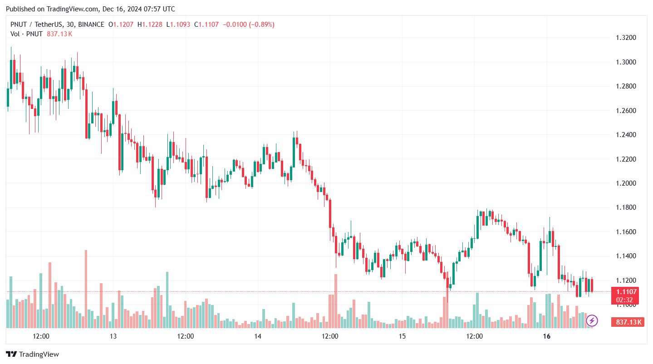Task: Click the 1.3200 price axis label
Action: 626,38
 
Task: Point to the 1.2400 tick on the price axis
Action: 626,135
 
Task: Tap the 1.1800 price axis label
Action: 626,208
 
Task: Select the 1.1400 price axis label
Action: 626,256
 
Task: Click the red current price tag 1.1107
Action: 626,292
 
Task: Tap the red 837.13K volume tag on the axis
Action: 628,322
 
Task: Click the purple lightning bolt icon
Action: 592,321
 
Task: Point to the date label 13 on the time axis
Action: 113,336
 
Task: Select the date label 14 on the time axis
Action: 258,336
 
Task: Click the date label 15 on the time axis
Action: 402,336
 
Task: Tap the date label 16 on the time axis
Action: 547,336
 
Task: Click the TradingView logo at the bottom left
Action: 32,354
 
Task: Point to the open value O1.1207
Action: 121,25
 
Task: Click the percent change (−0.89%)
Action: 260,25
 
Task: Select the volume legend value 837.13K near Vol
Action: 59,34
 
